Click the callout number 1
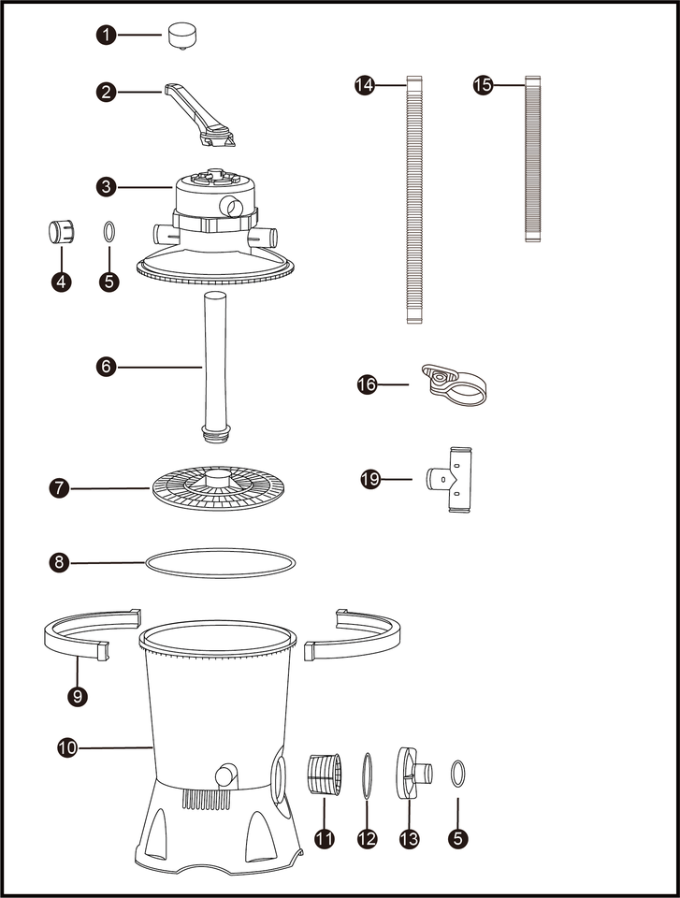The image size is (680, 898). (x=108, y=36)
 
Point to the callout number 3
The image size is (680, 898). (x=108, y=187)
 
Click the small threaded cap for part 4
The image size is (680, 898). (x=61, y=231)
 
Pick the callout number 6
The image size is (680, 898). (x=108, y=368)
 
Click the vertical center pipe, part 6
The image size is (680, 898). (x=214, y=365)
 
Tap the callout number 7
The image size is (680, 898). (x=60, y=487)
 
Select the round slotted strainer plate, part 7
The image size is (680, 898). (x=223, y=486)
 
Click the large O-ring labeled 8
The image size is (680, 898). (x=222, y=563)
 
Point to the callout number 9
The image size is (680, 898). (x=77, y=696)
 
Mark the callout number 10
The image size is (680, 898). (x=67, y=747)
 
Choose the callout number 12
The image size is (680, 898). (x=367, y=839)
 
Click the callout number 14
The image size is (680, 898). (x=365, y=85)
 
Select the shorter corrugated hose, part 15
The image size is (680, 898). (x=533, y=159)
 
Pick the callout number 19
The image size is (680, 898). (x=371, y=480)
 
